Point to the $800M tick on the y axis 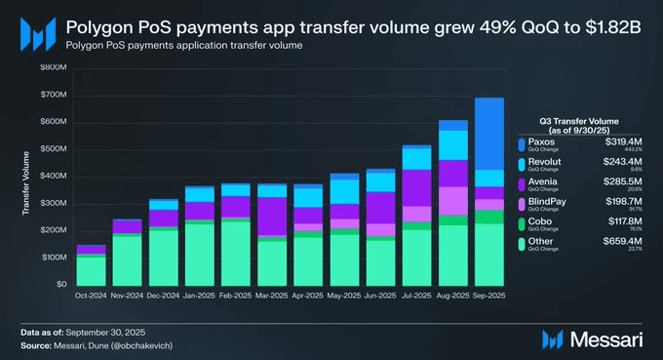click(x=54, y=67)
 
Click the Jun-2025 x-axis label click(x=379, y=294)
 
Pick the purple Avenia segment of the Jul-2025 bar click(x=416, y=187)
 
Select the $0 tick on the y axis click(x=61, y=284)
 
